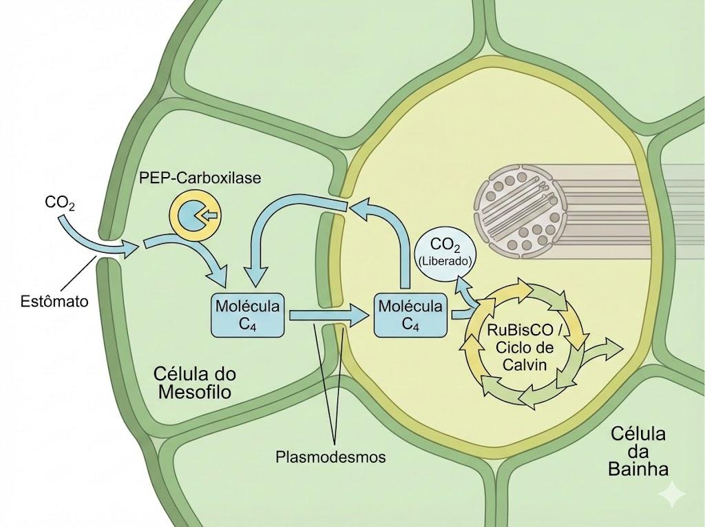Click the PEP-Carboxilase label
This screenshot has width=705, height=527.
click(x=200, y=178)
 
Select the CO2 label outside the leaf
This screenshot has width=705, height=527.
click(x=60, y=203)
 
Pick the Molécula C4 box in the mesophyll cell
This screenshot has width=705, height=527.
click(x=248, y=315)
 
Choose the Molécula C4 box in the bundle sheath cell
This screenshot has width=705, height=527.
click(x=411, y=315)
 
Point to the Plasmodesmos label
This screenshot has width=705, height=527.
click(x=331, y=457)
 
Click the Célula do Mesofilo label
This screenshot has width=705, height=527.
click(x=195, y=382)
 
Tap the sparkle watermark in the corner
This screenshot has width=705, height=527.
click(x=673, y=494)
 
